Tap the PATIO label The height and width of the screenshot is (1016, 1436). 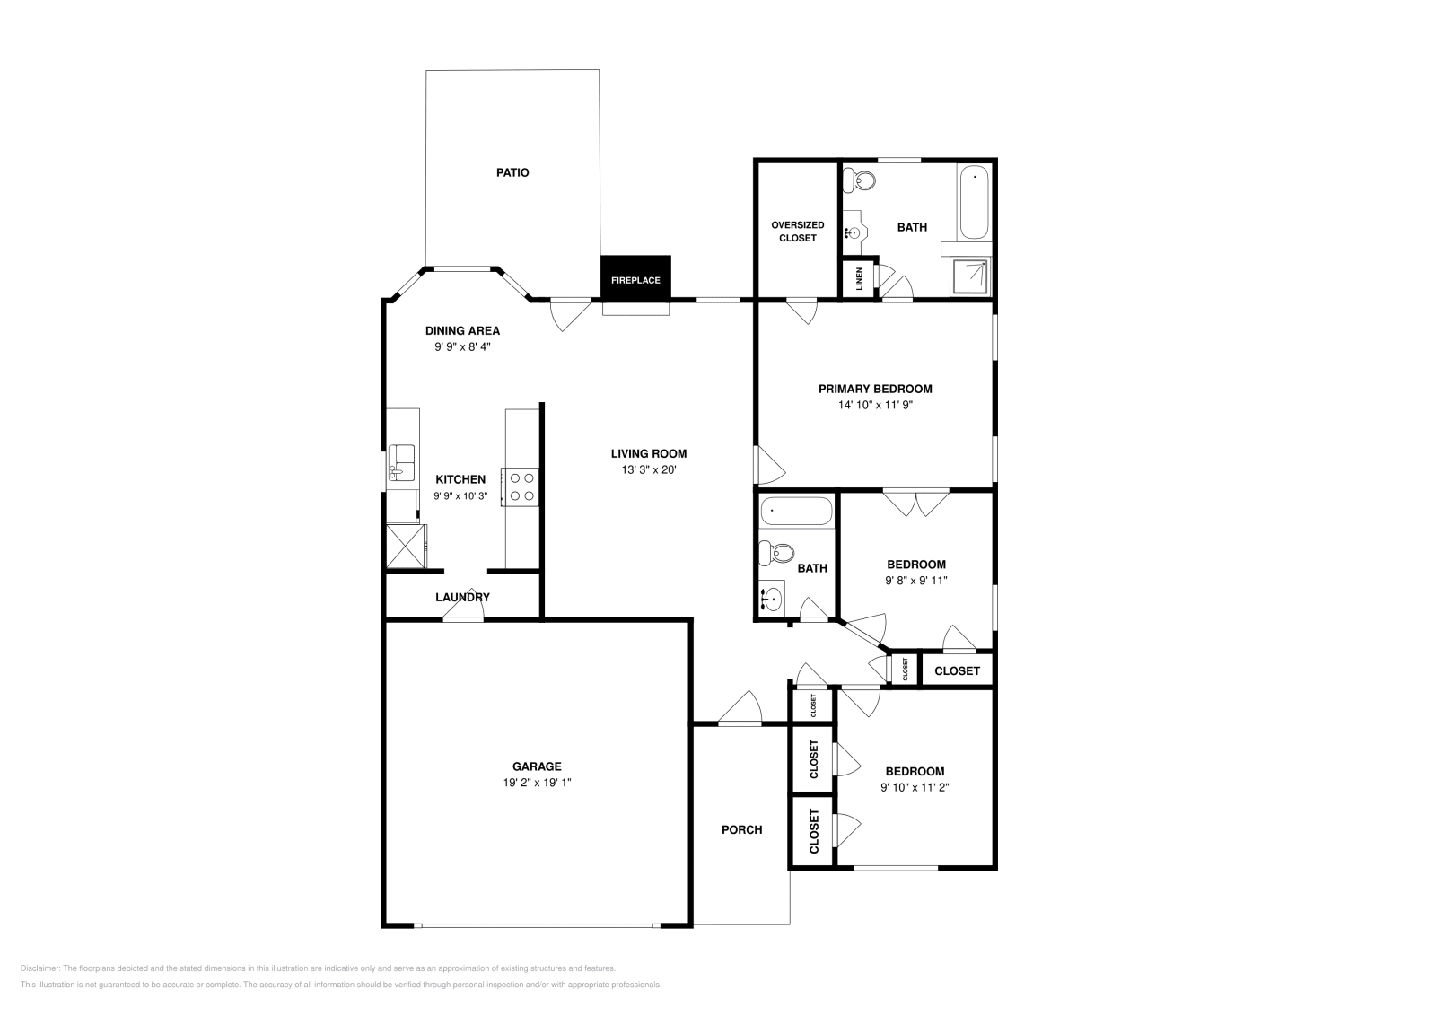512,172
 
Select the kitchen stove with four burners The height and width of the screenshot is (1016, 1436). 521,486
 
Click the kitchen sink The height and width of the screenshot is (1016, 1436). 401,462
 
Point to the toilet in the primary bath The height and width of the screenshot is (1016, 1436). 862,180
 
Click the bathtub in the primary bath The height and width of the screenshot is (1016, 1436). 974,202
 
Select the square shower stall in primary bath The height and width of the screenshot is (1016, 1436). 971,276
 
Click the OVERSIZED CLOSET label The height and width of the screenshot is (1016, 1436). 797,232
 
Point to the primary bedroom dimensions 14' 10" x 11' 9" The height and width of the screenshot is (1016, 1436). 875,405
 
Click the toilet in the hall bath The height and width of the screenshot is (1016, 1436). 774,553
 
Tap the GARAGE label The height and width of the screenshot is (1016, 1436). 537,766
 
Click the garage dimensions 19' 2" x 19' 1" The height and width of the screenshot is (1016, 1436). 537,783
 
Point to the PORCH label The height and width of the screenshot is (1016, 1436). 741,829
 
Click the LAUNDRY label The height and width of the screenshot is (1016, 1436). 462,597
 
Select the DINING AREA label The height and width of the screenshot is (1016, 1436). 462,330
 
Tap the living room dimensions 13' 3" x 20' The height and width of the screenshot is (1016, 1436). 648,469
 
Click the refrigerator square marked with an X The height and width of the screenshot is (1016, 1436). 404,546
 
